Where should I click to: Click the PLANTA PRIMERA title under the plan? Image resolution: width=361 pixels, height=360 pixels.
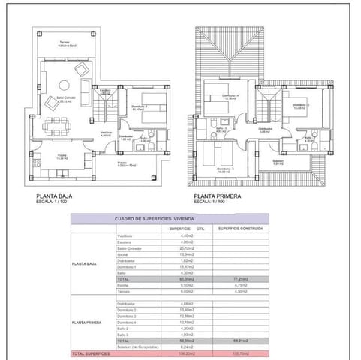point(211,196)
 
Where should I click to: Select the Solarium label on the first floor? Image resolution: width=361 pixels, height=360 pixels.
point(278,161)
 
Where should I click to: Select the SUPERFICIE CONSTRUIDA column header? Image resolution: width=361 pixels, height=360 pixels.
point(240,228)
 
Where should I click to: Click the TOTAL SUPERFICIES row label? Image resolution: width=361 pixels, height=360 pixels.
point(92,352)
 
